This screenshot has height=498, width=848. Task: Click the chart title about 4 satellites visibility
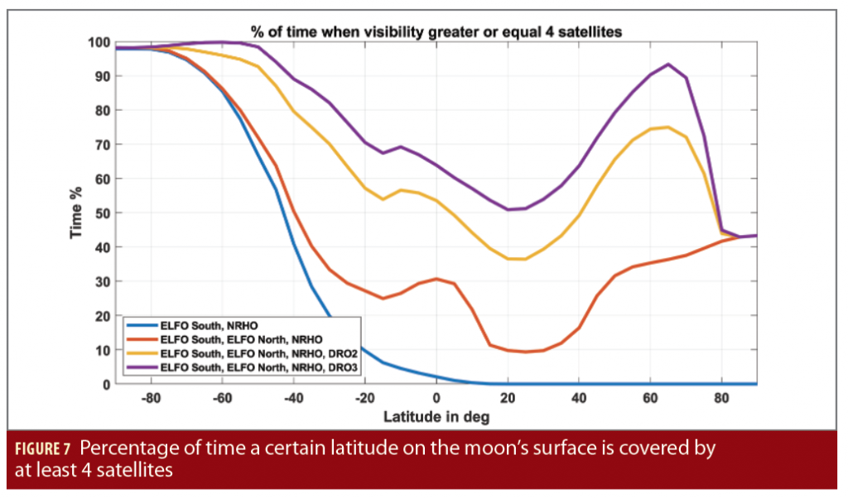pos(436,31)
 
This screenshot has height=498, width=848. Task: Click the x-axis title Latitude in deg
pos(436,416)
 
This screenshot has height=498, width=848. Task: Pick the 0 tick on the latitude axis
pos(436,398)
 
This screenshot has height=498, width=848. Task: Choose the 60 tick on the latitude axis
pos(651,398)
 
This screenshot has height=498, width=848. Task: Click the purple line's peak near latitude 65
pos(668,65)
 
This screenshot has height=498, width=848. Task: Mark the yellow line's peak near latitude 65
pos(668,127)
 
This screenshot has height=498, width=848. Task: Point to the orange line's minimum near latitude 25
pos(525,352)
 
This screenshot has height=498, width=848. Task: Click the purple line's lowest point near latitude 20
pos(508,209)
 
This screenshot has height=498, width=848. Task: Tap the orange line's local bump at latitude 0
pos(436,279)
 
